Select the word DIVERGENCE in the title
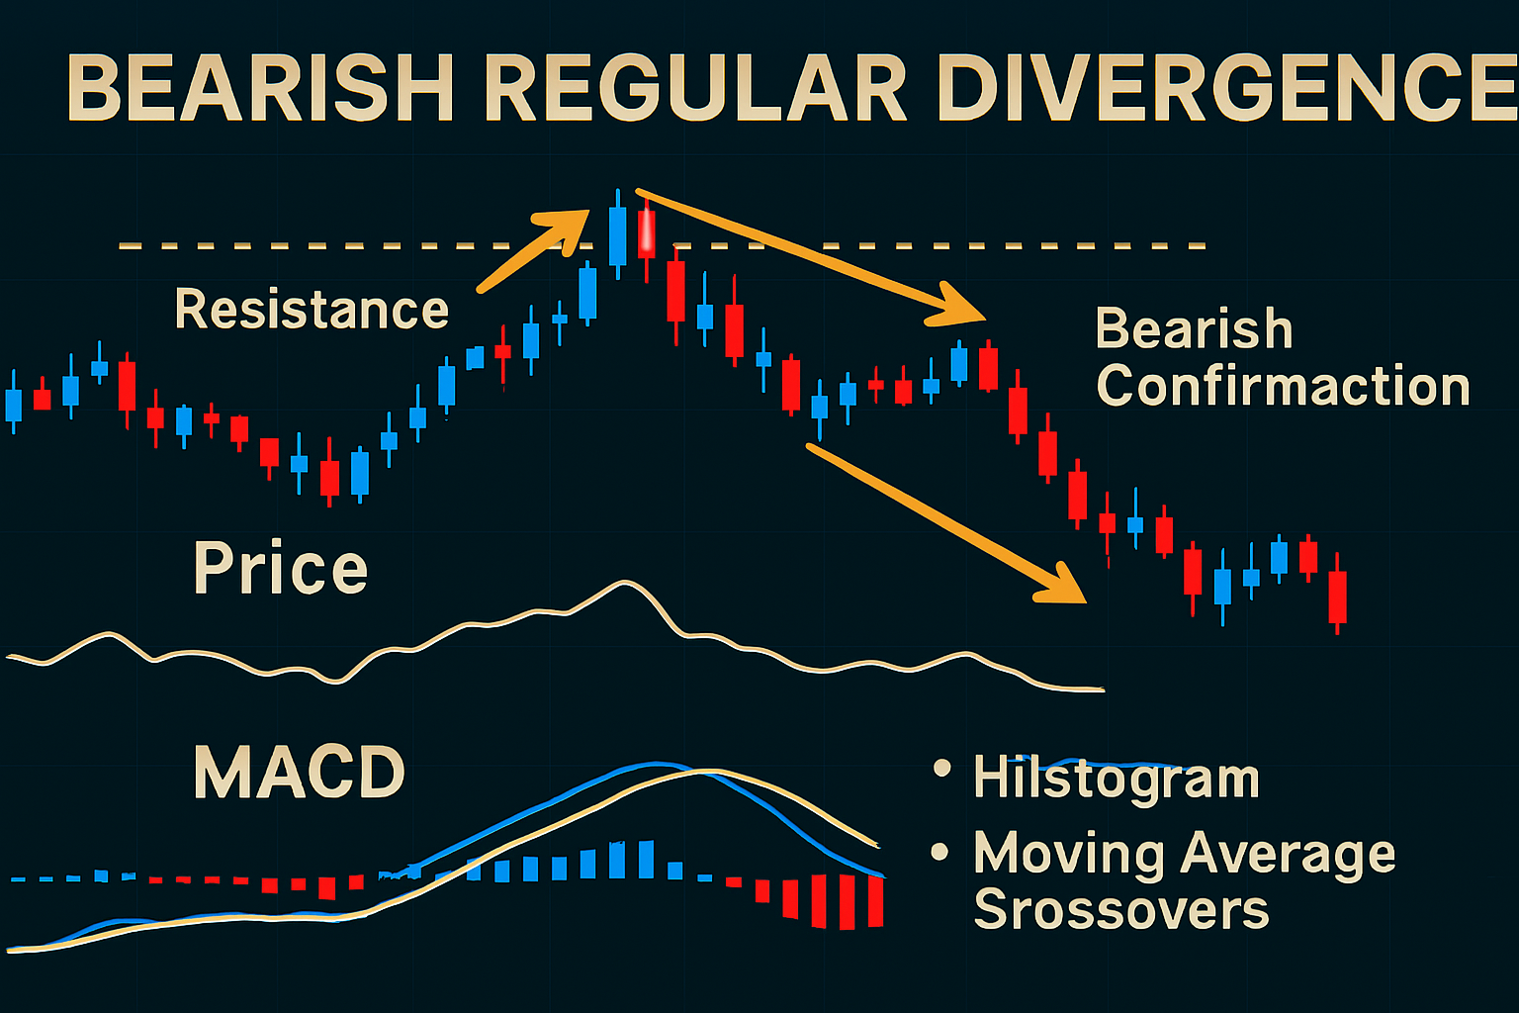coord(1226,89)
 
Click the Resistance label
coord(312,310)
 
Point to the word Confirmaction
coord(1283,386)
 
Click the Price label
coord(281,569)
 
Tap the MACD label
coord(300,773)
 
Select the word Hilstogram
coord(1117,778)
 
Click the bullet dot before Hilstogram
coord(941,768)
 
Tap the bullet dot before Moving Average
coord(939,852)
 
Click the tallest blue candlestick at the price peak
coord(618,235)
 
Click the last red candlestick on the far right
coord(1337,596)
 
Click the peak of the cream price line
coord(623,584)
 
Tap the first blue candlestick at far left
coord(14,405)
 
